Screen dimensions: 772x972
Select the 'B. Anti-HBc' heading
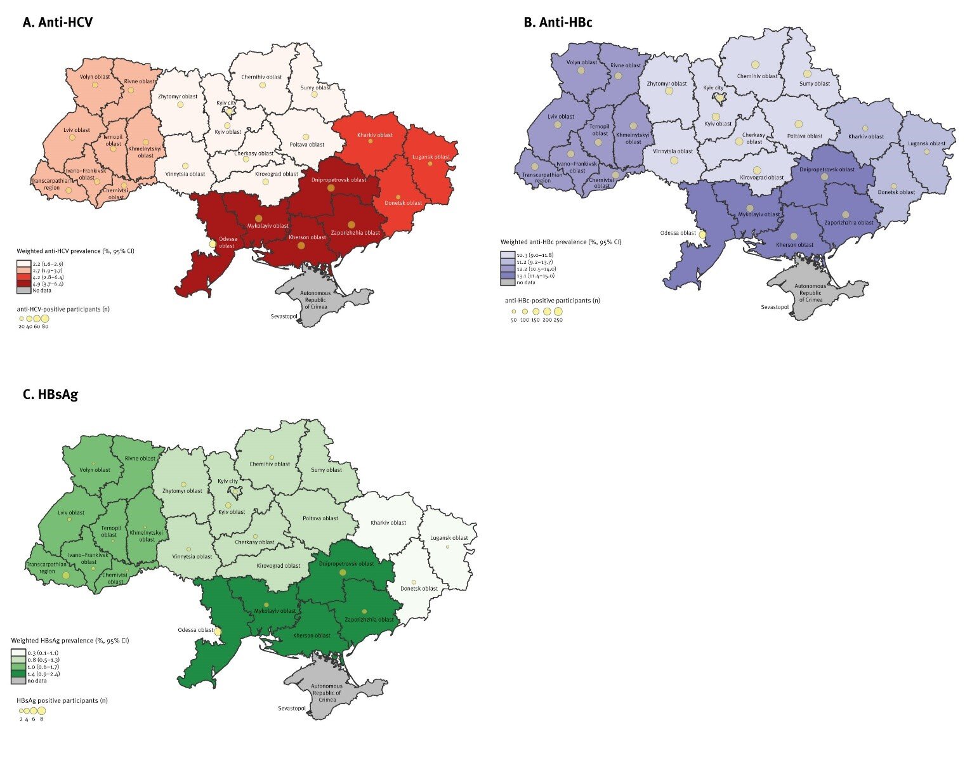click(x=558, y=22)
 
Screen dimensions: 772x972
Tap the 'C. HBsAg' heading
click(x=50, y=394)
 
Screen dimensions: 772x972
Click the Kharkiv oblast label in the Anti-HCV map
click(x=374, y=135)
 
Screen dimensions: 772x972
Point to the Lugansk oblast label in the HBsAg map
click(x=449, y=538)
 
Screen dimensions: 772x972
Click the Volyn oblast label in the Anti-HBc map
click(x=581, y=62)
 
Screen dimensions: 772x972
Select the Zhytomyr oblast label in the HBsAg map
click(x=182, y=491)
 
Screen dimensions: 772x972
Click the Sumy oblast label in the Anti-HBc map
click(x=815, y=83)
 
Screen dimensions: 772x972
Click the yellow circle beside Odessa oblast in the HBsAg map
click(x=218, y=632)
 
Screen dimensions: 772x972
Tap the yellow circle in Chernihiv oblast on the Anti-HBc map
click(x=755, y=65)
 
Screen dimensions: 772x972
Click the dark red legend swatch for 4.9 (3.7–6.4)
click(x=23, y=284)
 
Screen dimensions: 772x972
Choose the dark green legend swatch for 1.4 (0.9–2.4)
click(x=18, y=674)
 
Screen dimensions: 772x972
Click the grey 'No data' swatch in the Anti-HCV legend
click(x=23, y=291)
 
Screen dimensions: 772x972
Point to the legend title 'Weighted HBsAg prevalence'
click(x=70, y=641)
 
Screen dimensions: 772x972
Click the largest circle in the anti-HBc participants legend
click(x=558, y=311)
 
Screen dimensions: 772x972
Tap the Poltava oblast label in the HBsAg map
click(x=320, y=518)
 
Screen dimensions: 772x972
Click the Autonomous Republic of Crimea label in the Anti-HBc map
click(x=810, y=293)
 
